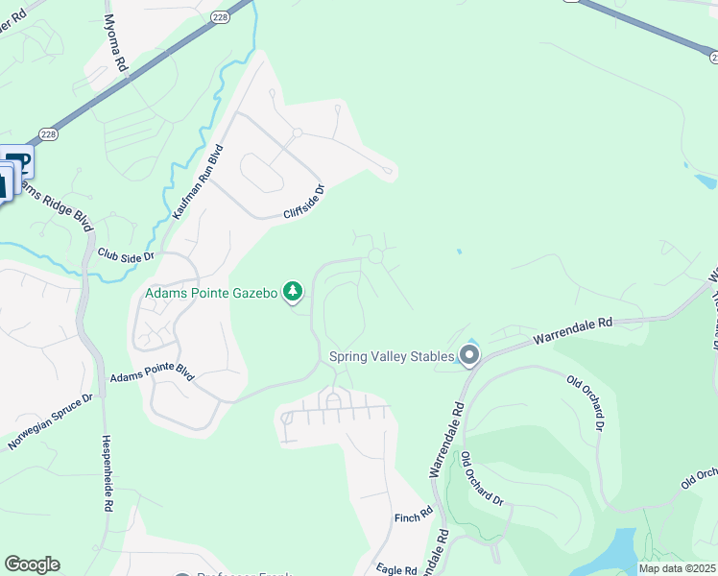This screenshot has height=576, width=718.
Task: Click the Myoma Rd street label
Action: click(x=115, y=44)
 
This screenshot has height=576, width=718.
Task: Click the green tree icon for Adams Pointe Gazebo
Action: click(x=293, y=292)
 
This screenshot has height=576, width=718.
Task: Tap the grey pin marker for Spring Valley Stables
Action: click(x=469, y=356)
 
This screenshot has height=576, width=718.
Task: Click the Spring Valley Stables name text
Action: click(x=392, y=356)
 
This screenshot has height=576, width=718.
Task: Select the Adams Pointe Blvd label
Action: click(x=152, y=378)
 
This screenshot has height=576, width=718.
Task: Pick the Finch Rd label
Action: click(x=414, y=517)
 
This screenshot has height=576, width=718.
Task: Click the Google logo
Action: click(x=32, y=564)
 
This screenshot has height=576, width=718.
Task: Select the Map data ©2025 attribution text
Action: click(x=676, y=568)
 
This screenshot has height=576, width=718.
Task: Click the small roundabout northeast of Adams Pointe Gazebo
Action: click(x=375, y=256)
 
